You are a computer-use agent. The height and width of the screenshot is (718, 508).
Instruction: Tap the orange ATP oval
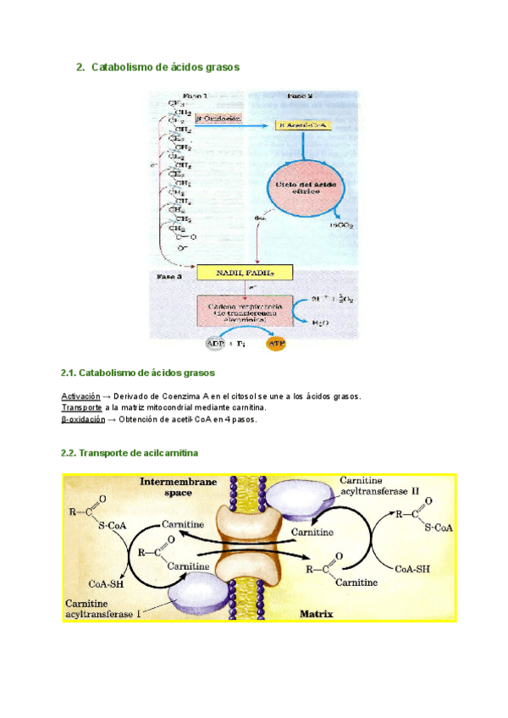pos(277,344)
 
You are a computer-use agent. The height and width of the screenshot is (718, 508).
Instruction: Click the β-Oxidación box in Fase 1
pos(218,119)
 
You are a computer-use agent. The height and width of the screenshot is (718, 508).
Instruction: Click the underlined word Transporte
pos(82,407)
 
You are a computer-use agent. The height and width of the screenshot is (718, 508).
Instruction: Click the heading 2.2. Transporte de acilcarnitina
pos(130,454)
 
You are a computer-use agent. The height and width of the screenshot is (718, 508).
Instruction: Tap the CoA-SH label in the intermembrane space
pos(108,583)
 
